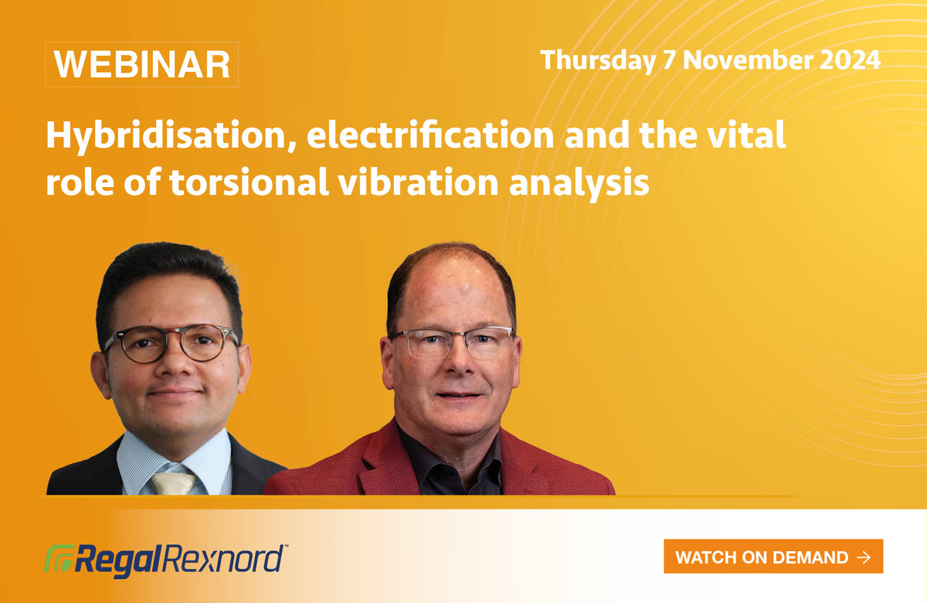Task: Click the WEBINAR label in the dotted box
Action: (142, 65)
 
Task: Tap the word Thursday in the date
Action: (598, 61)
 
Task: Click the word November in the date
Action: (748, 60)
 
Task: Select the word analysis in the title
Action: (579, 184)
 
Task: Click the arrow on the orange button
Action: (864, 557)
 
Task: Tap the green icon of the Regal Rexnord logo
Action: (59, 559)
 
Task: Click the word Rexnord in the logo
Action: (223, 559)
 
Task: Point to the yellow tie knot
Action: (173, 482)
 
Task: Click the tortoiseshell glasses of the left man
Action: (170, 343)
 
